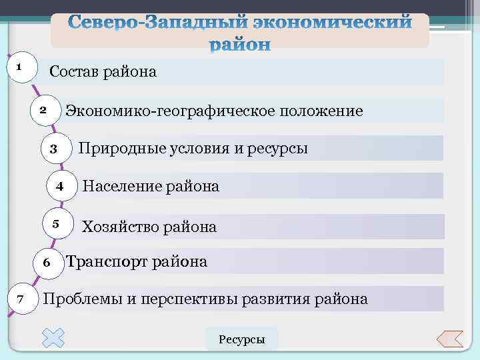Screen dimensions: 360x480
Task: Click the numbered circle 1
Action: [20, 67]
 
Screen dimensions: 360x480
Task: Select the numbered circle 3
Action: [54, 148]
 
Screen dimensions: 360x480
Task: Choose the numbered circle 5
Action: [57, 223]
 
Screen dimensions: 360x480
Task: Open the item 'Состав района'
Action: [103, 71]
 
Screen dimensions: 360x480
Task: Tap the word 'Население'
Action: [117, 187]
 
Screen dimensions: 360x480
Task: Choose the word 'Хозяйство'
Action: [118, 227]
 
